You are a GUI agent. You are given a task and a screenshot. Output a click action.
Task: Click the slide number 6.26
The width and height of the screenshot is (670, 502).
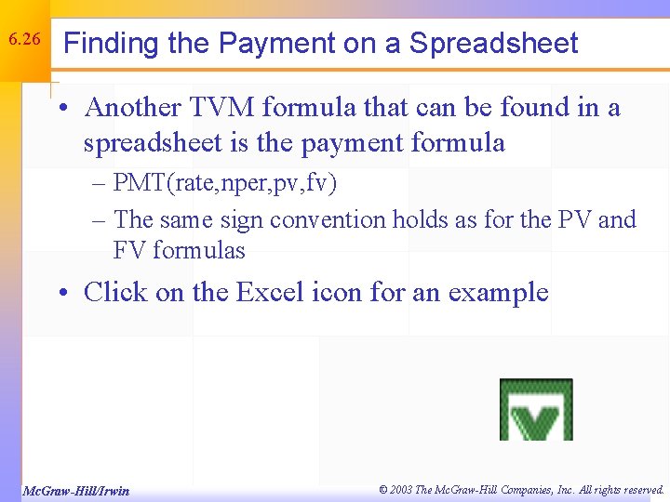click(x=23, y=40)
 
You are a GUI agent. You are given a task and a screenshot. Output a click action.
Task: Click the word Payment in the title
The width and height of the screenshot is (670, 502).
click(x=273, y=44)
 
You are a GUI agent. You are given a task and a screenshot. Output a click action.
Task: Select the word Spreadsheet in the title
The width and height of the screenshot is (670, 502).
click(x=493, y=44)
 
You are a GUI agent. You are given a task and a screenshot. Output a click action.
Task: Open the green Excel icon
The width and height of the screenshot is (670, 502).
click(x=536, y=410)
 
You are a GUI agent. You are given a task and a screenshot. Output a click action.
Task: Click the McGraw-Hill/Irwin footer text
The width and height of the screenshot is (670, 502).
click(x=76, y=491)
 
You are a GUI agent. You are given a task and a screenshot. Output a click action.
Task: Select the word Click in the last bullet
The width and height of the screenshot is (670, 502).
click(x=114, y=293)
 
